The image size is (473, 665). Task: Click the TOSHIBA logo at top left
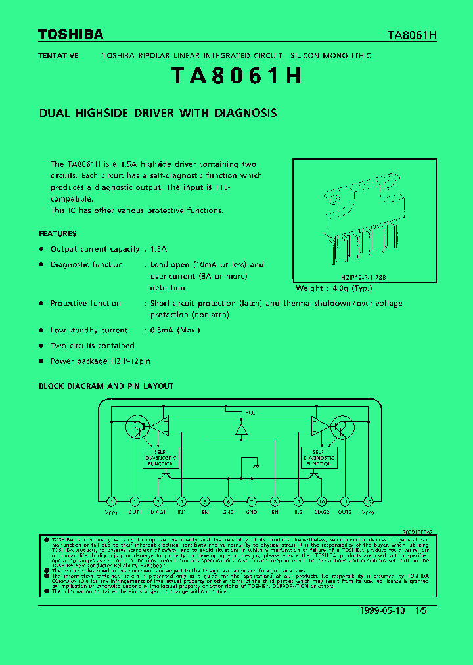pyautogui.click(x=70, y=34)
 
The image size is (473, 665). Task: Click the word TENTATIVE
pyautogui.click(x=58, y=56)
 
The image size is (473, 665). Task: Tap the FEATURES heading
pyautogui.click(x=57, y=233)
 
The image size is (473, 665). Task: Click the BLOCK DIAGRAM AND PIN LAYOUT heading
pyautogui.click(x=106, y=386)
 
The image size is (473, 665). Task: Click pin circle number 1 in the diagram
pyautogui.click(x=112, y=501)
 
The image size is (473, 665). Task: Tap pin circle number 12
pyautogui.click(x=369, y=501)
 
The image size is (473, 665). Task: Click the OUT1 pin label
pyautogui.click(x=135, y=511)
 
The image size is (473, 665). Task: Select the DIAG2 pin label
pyautogui.click(x=321, y=511)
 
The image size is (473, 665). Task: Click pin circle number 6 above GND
pyautogui.click(x=228, y=501)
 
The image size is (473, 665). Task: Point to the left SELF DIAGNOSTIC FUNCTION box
pyautogui.click(x=160, y=458)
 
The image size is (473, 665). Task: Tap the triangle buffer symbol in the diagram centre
pyautogui.click(x=241, y=430)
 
